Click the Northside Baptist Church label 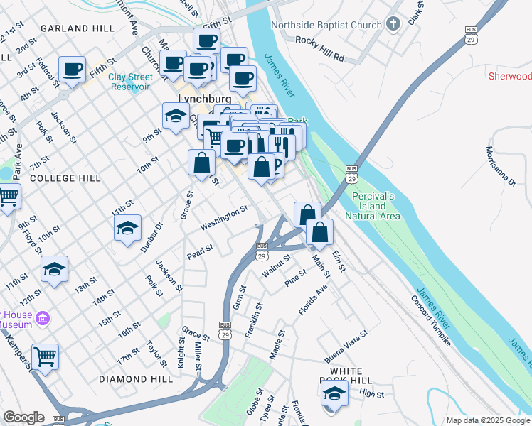[x=326, y=26]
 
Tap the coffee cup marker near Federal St [x=72, y=70]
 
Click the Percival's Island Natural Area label [x=373, y=206]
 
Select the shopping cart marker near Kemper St [x=45, y=357]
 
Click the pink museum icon [x=42, y=317]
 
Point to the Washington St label [x=224, y=217]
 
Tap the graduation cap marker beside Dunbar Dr [x=127, y=228]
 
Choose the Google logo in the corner [x=23, y=417]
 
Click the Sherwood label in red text [x=509, y=76]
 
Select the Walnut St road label [x=277, y=268]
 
